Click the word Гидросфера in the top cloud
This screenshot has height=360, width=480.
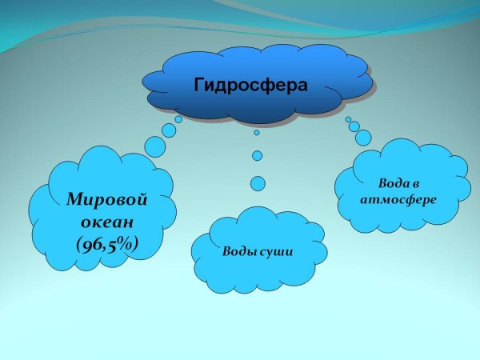click(250, 83)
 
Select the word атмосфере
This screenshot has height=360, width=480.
click(398, 199)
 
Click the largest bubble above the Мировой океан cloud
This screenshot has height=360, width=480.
click(155, 146)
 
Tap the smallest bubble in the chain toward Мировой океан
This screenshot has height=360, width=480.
click(178, 119)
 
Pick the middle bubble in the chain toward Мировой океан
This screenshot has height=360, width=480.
click(169, 130)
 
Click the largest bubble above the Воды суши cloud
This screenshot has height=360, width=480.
click(258, 183)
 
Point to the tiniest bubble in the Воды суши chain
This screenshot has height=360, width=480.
click(257, 133)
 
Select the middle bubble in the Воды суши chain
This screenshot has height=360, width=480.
click(257, 155)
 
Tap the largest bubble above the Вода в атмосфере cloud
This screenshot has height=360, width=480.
click(364, 138)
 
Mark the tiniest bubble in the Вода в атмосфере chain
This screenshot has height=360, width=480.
click(348, 119)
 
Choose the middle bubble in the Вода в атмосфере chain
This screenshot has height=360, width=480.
click(354, 126)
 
